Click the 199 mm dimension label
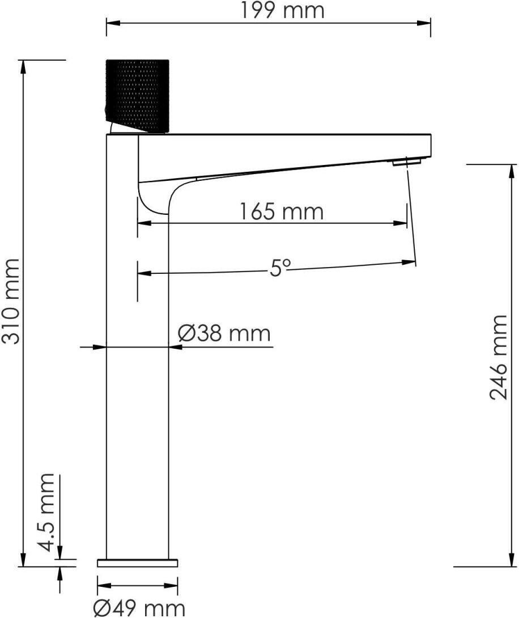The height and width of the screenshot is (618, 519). click(x=282, y=11)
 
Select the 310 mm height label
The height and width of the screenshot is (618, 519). click(x=11, y=302)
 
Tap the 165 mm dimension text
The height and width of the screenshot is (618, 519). click(x=282, y=211)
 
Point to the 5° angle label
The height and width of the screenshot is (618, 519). click(x=280, y=268)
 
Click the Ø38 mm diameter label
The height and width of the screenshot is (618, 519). click(x=224, y=333)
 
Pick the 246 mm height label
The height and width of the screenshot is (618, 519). click(x=498, y=358)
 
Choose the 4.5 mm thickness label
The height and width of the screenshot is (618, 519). click(x=47, y=512)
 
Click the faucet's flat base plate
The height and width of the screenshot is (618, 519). click(x=138, y=563)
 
